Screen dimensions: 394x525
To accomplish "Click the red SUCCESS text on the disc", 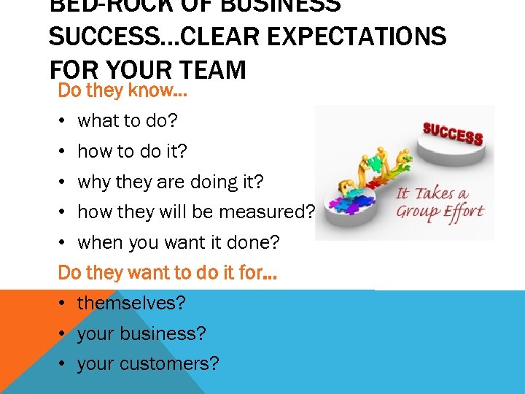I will coord(453,134).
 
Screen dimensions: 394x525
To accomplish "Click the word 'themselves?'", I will coord(132,303).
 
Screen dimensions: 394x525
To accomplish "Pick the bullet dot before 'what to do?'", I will coord(64,121).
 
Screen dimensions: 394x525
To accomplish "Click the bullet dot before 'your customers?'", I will coord(64,364).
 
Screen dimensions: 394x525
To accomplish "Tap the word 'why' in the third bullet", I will coord(92,182).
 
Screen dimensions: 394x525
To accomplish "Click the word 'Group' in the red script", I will coord(418,212).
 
